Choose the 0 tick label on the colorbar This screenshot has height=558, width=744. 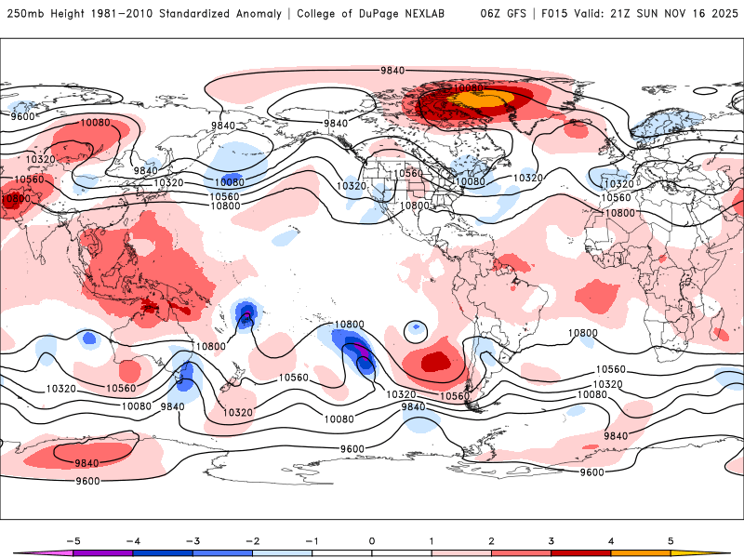tap(372, 540)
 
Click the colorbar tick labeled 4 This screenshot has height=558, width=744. tap(611, 540)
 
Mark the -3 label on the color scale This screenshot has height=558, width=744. tap(193, 540)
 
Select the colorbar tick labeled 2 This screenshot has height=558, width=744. tap(492, 540)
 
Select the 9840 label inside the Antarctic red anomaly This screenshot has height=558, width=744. tap(86, 462)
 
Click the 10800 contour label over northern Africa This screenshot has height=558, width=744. tap(620, 213)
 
